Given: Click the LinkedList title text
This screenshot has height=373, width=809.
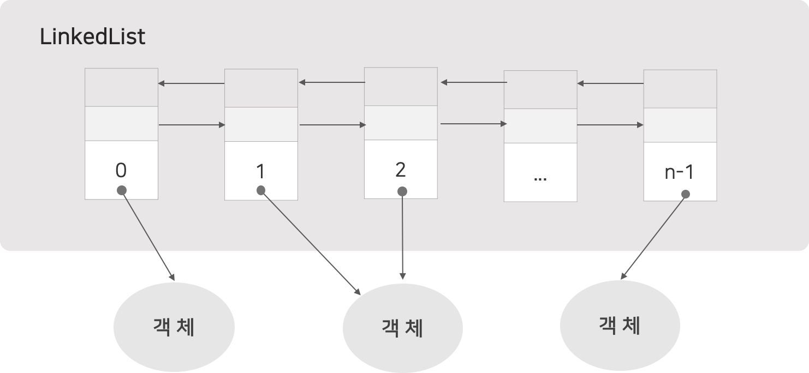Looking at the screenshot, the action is click(93, 37).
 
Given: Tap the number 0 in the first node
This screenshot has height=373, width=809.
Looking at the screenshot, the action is click(121, 171).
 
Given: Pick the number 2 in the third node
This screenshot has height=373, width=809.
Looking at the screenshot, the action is click(400, 170).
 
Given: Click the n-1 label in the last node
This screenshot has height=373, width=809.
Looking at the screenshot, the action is click(679, 172).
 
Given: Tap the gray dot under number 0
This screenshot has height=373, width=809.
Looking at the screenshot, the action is click(122, 190).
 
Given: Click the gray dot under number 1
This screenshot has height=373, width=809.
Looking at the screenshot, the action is click(261, 190).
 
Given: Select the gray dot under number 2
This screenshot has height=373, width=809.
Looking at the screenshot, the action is click(402, 191).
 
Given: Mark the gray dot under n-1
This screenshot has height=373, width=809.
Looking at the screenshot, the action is click(686, 194).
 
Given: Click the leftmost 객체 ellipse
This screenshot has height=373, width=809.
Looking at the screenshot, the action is click(174, 327).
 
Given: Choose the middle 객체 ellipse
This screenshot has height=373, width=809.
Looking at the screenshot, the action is click(402, 328).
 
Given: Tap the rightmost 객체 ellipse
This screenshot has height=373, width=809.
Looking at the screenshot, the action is click(620, 326).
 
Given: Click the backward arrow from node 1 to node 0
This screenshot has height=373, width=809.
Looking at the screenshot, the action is click(191, 83).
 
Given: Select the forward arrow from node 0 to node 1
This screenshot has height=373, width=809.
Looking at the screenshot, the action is click(192, 125).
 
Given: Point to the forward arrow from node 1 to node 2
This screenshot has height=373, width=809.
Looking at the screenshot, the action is click(332, 125).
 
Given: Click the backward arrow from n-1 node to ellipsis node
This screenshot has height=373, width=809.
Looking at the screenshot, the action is click(610, 83).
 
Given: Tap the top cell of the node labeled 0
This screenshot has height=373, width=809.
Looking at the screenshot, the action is click(121, 87).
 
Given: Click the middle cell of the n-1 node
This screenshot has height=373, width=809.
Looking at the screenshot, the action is click(680, 125).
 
